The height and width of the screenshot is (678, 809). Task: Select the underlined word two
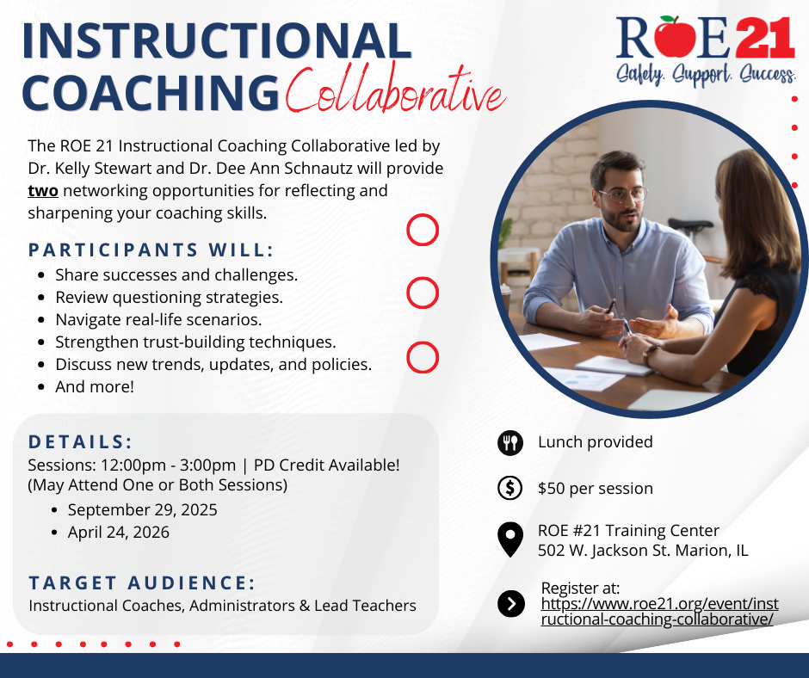[x=43, y=191]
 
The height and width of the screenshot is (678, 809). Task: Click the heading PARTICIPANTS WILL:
[x=151, y=250]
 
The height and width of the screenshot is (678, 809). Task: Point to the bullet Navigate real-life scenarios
[x=158, y=320]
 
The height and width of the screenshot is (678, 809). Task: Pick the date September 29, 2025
[x=142, y=509]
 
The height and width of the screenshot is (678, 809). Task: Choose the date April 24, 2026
[x=119, y=533]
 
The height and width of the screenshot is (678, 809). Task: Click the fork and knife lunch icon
[x=510, y=443]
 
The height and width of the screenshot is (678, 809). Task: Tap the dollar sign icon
[x=510, y=488]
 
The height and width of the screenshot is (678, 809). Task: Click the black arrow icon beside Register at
[x=510, y=604]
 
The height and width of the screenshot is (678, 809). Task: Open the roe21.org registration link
[x=659, y=612]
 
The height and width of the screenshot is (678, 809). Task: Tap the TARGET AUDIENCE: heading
[x=142, y=583]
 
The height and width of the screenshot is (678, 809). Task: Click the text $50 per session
[x=596, y=489]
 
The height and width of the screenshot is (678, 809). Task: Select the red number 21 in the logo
[x=764, y=38]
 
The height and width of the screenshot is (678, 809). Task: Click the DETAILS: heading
[x=81, y=442]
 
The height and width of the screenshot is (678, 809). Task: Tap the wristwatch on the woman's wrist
[x=650, y=354]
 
